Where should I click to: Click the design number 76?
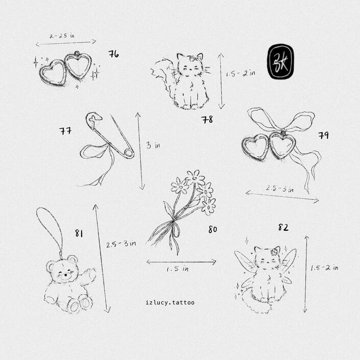[x=114, y=54]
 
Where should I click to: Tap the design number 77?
[x=65, y=131]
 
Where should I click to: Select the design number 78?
[x=207, y=119]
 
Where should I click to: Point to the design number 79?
[x=324, y=135]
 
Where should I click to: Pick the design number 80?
[x=213, y=229]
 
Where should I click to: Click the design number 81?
[x=79, y=233]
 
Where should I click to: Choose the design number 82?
[x=283, y=227]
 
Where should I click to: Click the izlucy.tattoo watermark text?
[x=170, y=303]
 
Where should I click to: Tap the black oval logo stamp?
[x=280, y=61]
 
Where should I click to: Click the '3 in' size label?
[x=153, y=145]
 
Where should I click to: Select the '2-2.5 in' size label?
[x=62, y=36]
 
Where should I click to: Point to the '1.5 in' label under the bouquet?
[x=178, y=269]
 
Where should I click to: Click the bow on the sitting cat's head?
[x=195, y=59]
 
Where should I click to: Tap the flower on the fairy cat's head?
[x=275, y=251]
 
